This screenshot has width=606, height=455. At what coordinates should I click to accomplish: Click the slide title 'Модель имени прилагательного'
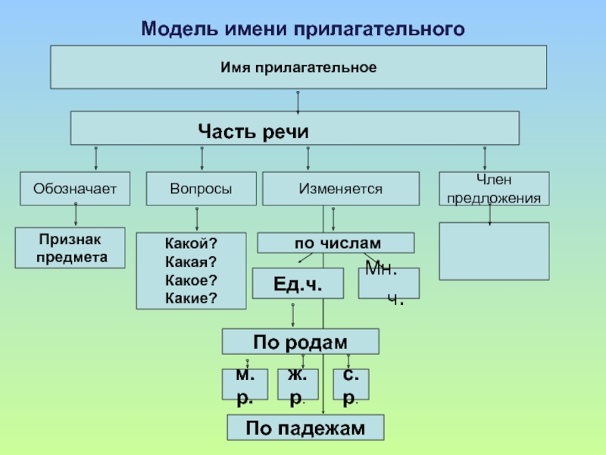point(303,29)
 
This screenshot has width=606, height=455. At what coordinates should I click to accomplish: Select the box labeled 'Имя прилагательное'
point(298,67)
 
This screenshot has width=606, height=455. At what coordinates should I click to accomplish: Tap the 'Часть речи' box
point(295,128)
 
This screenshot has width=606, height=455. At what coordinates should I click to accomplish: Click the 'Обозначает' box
point(75,188)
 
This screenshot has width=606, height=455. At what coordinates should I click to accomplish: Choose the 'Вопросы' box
point(201,188)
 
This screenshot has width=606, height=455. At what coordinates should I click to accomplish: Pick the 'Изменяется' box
point(341,188)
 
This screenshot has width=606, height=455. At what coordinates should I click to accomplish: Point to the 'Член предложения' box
point(494,188)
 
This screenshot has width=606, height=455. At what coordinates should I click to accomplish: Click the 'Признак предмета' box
point(70,248)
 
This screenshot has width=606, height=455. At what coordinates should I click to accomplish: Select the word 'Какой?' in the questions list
point(191,243)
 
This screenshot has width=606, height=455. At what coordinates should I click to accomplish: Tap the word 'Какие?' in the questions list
point(191,298)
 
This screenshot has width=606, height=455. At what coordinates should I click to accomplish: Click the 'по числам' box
point(336,243)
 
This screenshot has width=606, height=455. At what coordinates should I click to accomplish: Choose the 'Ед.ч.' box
point(298,283)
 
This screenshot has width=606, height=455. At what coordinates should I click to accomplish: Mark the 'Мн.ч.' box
point(389,283)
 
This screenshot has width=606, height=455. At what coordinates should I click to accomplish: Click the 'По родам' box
point(300,342)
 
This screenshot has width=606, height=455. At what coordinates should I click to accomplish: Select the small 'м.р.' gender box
point(245,384)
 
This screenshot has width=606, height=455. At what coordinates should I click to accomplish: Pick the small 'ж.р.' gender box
point(298,384)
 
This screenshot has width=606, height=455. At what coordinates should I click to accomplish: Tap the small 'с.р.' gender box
point(351,384)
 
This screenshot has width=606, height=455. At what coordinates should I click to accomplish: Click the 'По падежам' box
point(305,428)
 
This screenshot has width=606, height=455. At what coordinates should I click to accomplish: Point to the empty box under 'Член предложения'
point(494,251)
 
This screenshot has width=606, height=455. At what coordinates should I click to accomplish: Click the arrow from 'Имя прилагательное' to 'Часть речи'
point(298,102)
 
